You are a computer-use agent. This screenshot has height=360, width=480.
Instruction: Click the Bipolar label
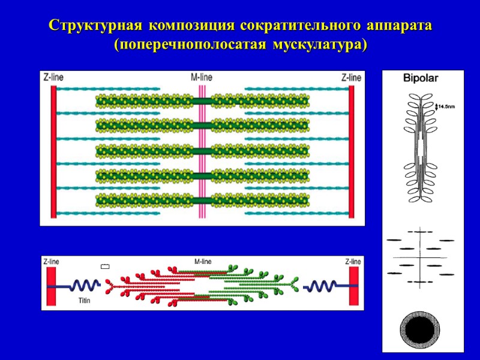pyautogui.click(x=421, y=78)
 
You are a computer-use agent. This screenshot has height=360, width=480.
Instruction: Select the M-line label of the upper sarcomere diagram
pyautogui.click(x=202, y=77)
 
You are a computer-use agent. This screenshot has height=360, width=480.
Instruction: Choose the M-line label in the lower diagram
pyautogui.click(x=202, y=262)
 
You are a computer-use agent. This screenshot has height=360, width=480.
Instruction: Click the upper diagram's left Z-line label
pyautogui.click(x=53, y=77)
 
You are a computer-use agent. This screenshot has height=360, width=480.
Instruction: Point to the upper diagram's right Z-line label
pyautogui.click(x=351, y=77)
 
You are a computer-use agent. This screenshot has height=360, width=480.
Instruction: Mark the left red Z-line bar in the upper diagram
pyautogui.click(x=53, y=151)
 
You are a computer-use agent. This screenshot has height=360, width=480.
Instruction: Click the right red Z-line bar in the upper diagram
pyautogui.click(x=351, y=151)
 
